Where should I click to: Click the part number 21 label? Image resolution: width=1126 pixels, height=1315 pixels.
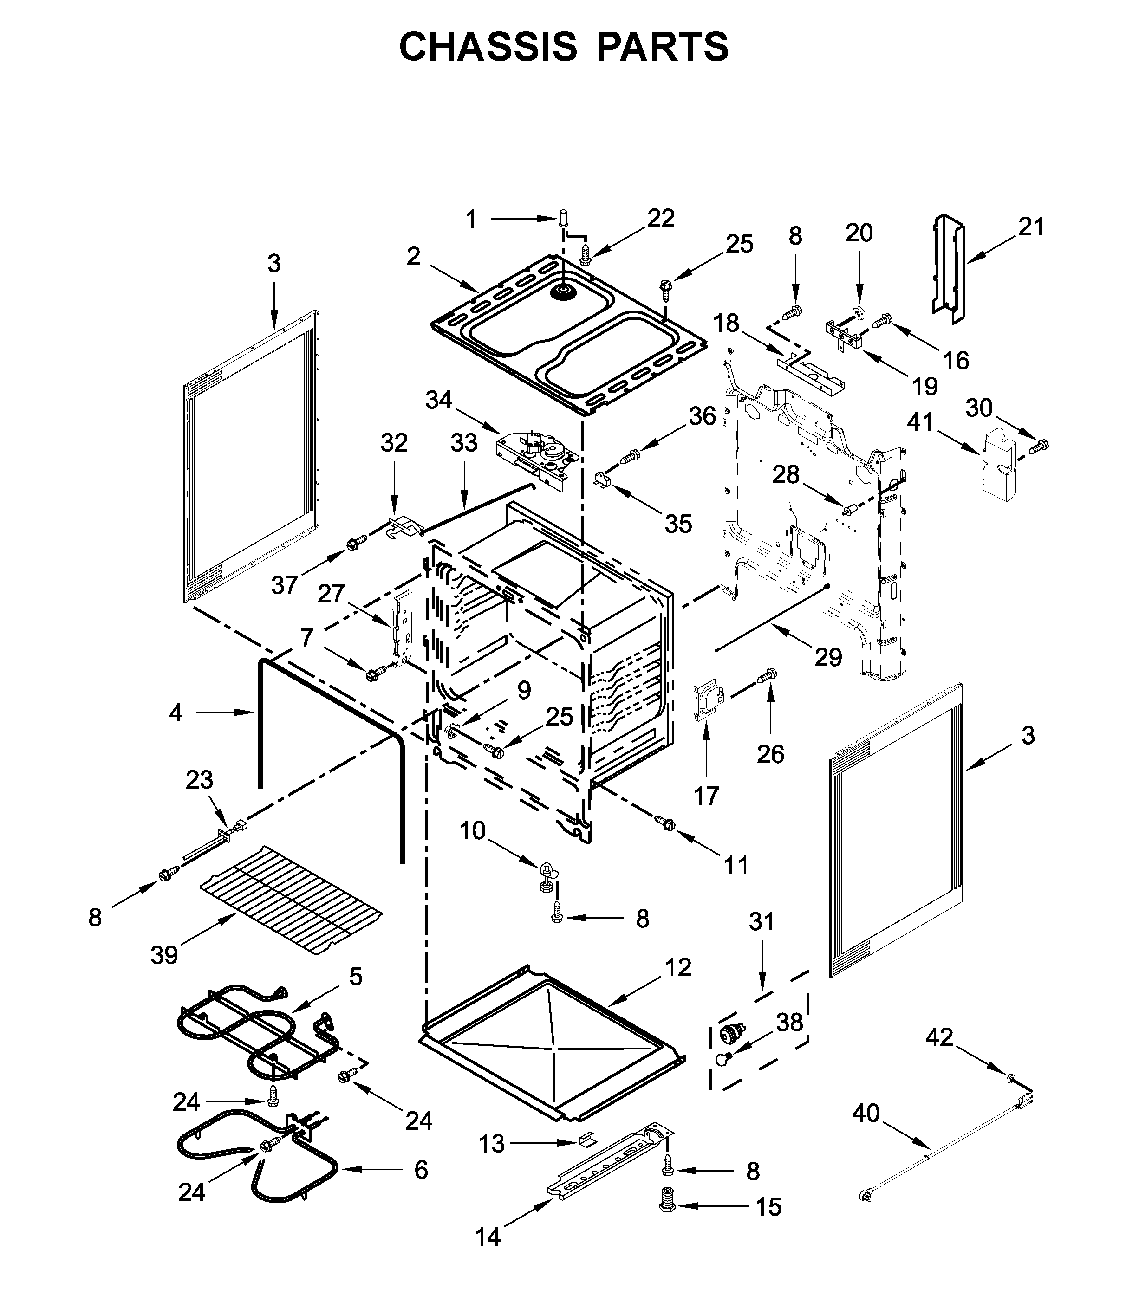click(1031, 227)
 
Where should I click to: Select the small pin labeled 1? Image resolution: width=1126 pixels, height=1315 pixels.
click(563, 220)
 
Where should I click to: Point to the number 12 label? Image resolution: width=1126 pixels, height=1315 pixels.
click(678, 967)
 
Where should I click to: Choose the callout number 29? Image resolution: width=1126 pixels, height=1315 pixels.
click(828, 657)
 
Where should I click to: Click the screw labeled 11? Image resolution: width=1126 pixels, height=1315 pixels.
click(666, 824)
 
